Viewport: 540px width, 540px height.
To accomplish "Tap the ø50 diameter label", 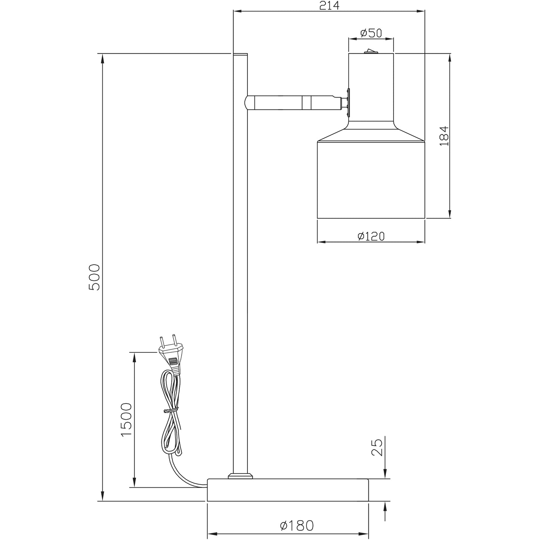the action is (x=371, y=33).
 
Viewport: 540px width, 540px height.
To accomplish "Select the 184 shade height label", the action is (x=444, y=136).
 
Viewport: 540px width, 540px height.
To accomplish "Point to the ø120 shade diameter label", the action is (x=371, y=236).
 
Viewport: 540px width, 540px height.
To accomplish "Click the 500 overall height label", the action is (x=94, y=277).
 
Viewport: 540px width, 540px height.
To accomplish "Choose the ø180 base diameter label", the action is (x=297, y=525).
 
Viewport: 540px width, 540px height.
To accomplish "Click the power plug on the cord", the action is (x=171, y=355).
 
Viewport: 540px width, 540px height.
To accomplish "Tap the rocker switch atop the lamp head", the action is (x=371, y=51).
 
